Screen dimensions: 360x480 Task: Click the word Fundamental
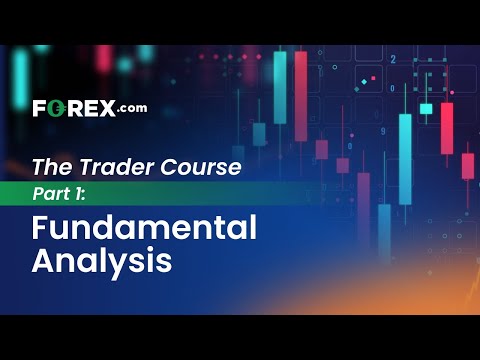point(144,229)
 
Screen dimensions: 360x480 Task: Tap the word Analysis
point(102,262)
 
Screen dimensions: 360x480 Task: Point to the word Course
point(207,167)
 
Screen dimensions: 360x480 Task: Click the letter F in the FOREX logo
point(39,108)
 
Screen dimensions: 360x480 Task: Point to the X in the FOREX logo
point(106,108)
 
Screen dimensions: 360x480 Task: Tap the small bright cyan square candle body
point(426,108)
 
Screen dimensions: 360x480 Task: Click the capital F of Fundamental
point(41,229)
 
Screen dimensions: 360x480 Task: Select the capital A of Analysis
point(43,262)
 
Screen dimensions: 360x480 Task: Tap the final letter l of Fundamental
point(252,229)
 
